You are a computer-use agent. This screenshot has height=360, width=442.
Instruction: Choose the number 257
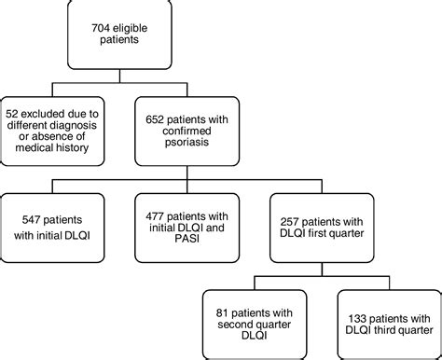[296, 217]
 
